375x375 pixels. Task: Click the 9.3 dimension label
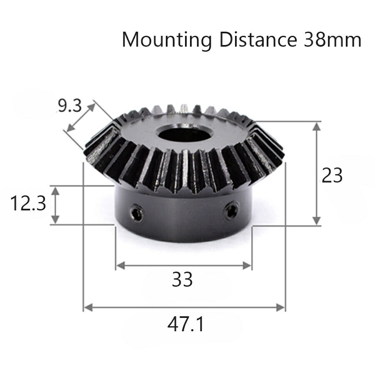(x=69, y=106)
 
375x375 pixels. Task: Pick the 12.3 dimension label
(x=28, y=205)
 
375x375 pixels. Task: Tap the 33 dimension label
(x=182, y=280)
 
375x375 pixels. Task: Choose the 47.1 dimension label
(x=186, y=325)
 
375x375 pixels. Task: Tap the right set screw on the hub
(x=232, y=210)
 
